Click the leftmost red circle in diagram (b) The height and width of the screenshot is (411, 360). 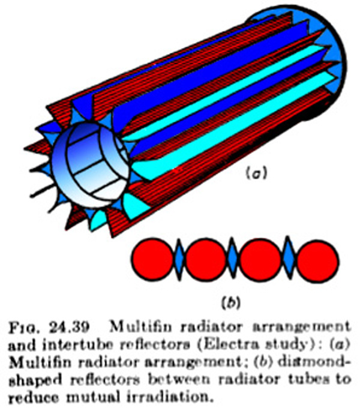[x=152, y=259]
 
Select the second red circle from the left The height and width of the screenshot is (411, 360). [x=206, y=259]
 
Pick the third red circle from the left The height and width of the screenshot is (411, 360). [x=260, y=260]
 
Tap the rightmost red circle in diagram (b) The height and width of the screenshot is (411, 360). [x=317, y=261]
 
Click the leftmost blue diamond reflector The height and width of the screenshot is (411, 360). [x=179, y=259]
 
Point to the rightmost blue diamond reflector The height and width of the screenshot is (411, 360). [x=289, y=257]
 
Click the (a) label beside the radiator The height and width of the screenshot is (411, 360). [x=257, y=173]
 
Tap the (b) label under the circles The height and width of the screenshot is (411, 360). [x=231, y=303]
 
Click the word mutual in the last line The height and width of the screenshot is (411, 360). [x=94, y=397]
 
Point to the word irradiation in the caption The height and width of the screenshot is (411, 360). [x=169, y=397]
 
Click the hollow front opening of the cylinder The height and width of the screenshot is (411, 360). [x=90, y=165]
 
